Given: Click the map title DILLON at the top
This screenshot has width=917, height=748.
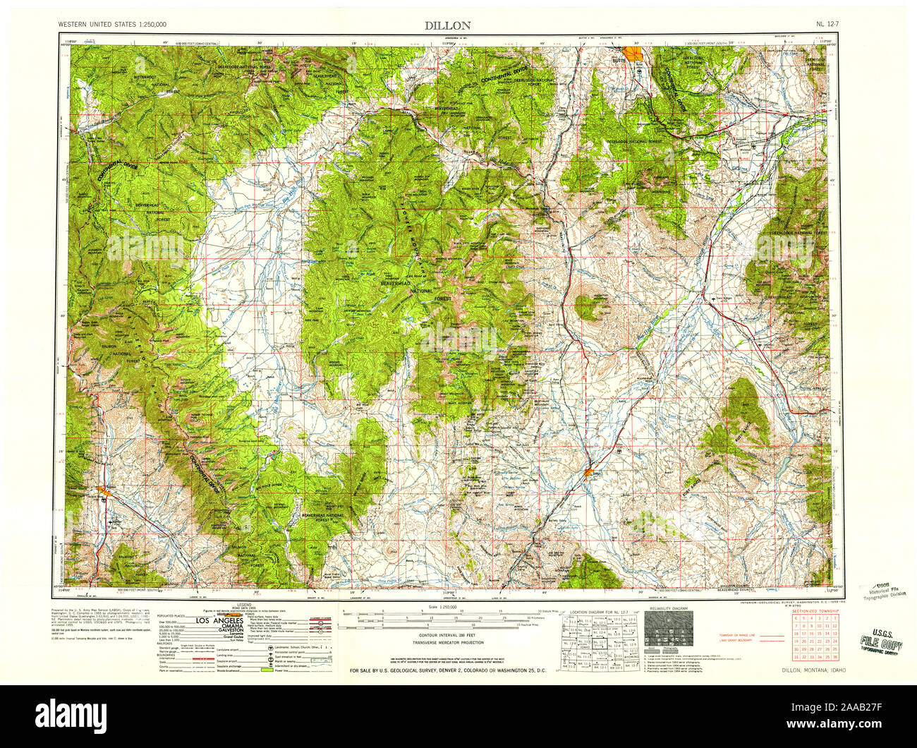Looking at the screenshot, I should [x=447, y=25].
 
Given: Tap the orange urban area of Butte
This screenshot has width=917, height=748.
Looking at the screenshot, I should [x=633, y=53].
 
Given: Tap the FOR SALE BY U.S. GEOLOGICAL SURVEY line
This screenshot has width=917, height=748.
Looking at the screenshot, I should [x=448, y=670].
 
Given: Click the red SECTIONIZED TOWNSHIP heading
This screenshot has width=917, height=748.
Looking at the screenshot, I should [x=814, y=610].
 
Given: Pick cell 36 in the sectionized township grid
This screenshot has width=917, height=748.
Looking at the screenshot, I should [x=835, y=656].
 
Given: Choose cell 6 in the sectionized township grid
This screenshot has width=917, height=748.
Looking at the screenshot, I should [x=795, y=618].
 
